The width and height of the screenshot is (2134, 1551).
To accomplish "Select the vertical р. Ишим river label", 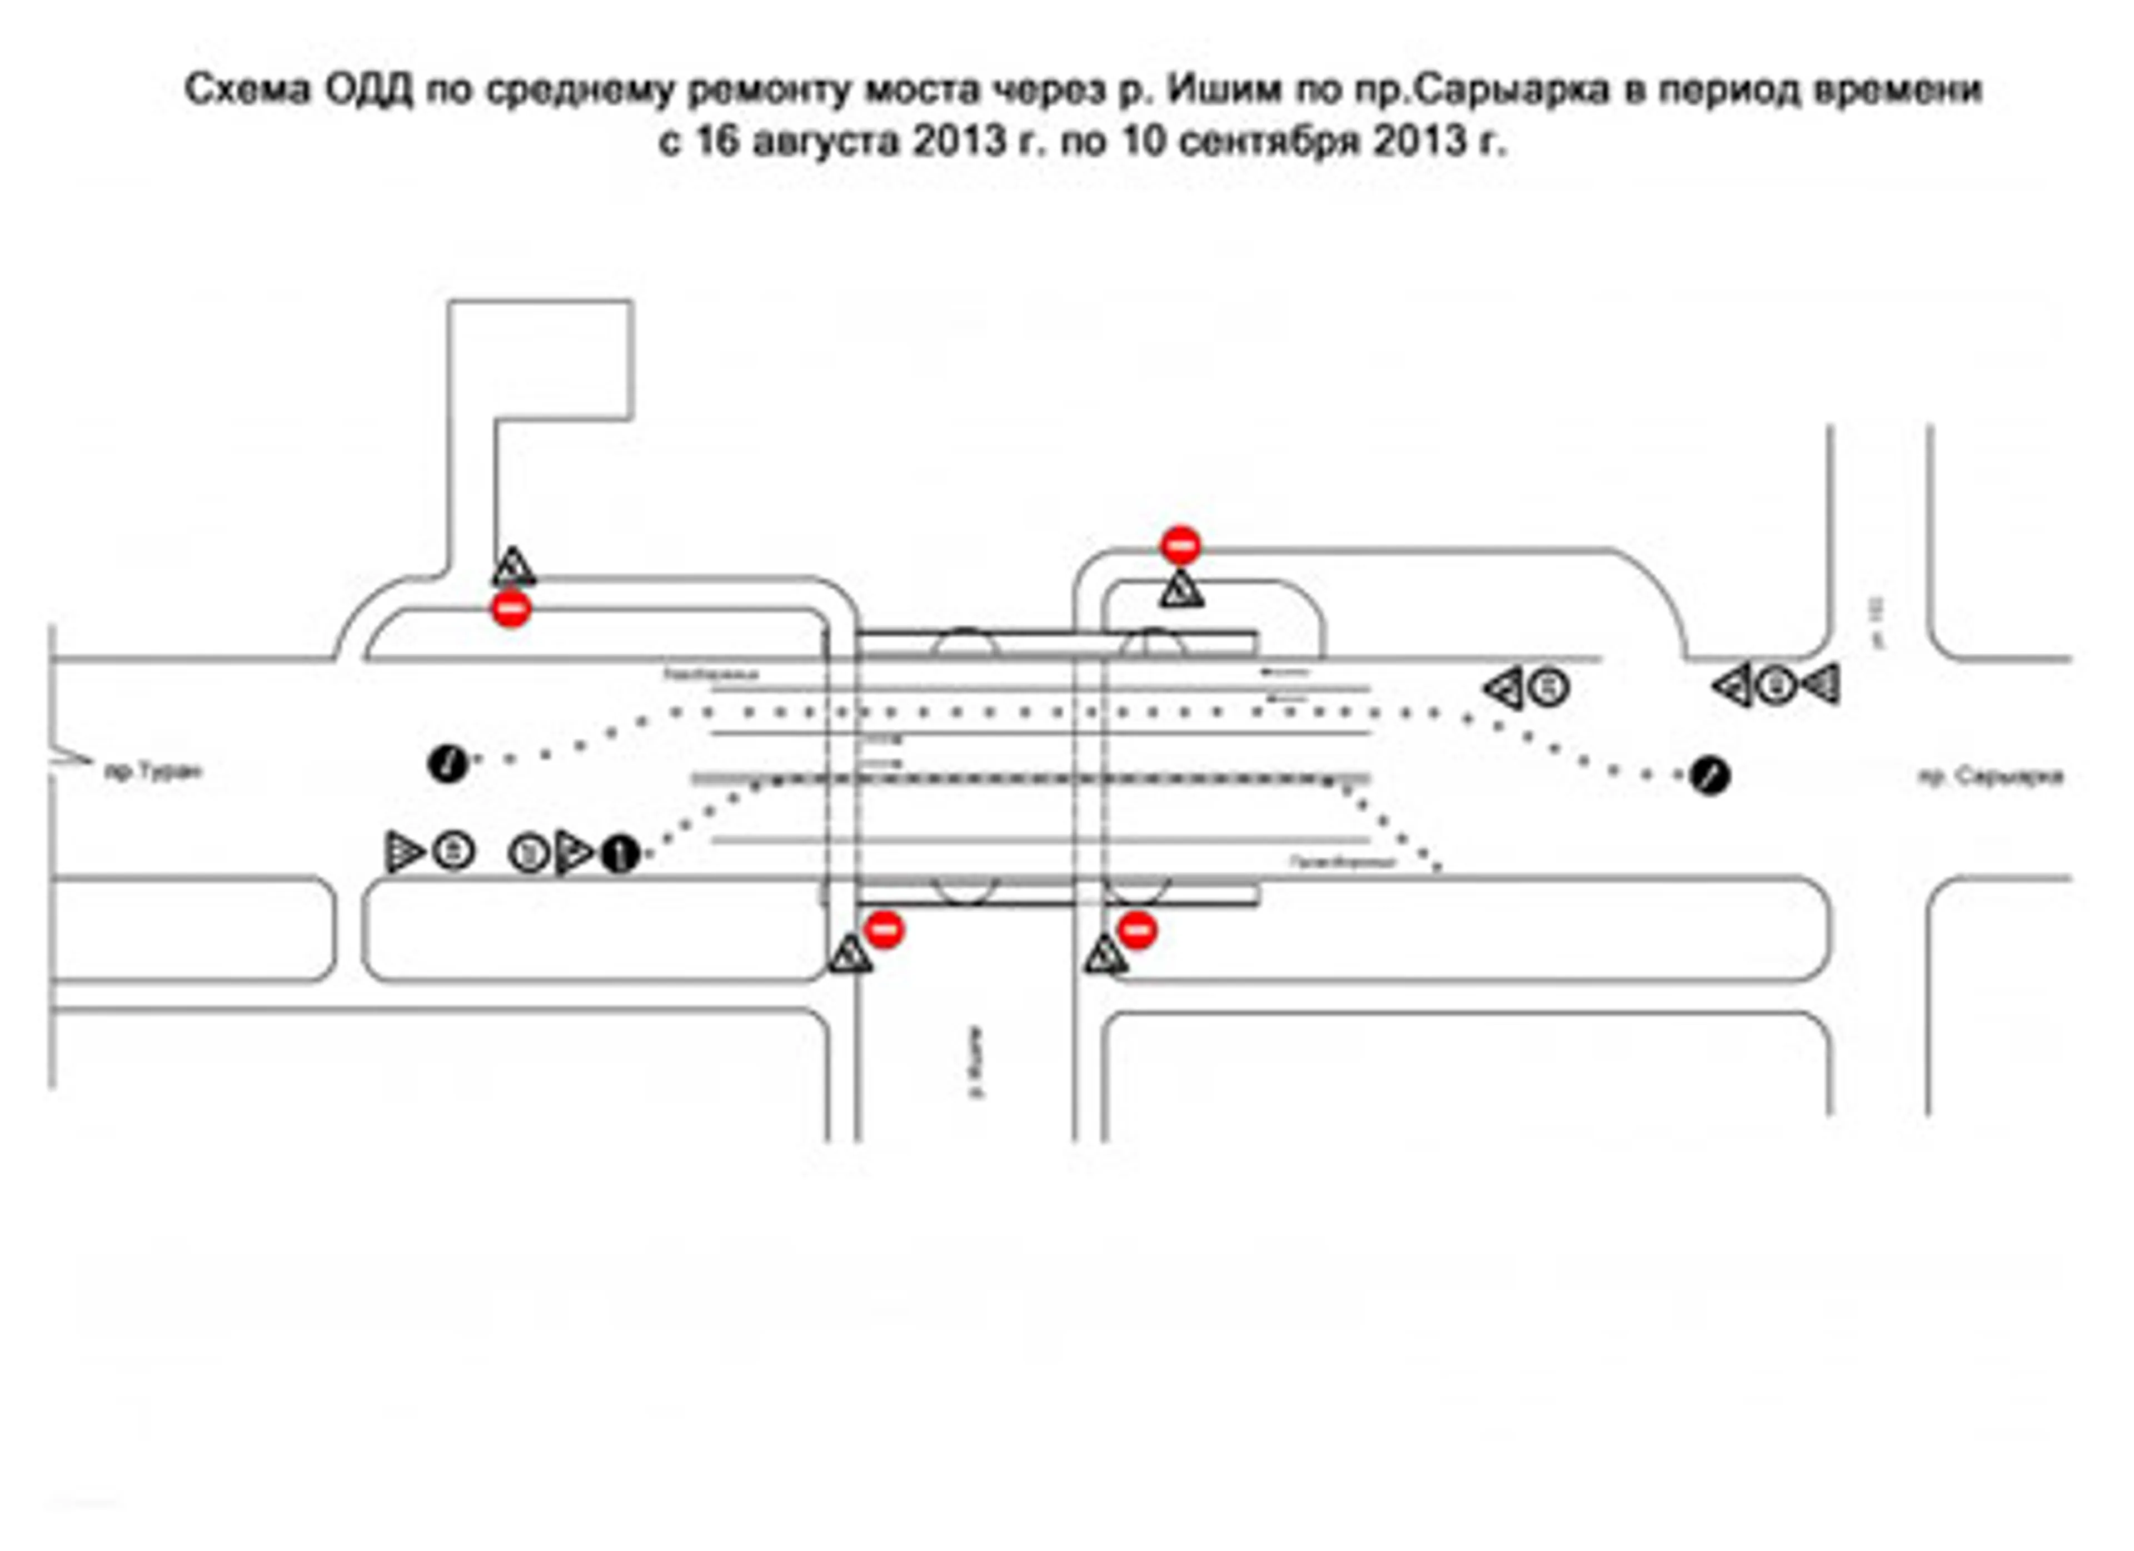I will click(976, 1062).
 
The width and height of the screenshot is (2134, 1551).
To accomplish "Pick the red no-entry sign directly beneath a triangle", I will click(511, 609).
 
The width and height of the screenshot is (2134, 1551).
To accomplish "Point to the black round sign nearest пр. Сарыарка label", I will click(1709, 777).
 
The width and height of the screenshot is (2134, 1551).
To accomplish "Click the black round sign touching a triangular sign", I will click(620, 854).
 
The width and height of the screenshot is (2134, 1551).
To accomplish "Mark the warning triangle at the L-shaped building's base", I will click(513, 568).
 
